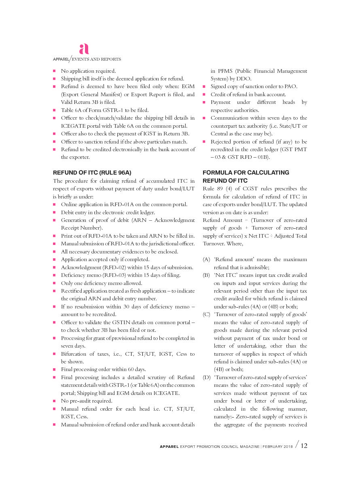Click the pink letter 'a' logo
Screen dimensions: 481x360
pyautogui.click(x=84, y=49)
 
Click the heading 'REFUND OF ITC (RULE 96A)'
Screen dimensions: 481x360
pyautogui.click(x=92, y=173)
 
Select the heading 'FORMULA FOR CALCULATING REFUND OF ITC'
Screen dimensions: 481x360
pyautogui.click(x=246, y=177)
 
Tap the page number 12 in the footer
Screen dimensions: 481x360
pyautogui.click(x=304, y=446)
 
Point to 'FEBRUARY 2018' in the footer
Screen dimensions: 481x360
pyautogui.click(x=278, y=446)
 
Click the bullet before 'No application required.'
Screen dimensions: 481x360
pyautogui.click(x=54, y=71)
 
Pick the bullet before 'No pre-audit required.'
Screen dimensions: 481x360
pyautogui.click(x=54, y=401)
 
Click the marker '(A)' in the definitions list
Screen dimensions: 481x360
pyautogui.click(x=206, y=259)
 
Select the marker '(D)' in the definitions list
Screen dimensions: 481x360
pyautogui.click(x=206, y=378)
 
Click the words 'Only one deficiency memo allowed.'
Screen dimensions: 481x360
pyautogui.click(x=102, y=283)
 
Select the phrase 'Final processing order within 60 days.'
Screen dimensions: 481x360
pyautogui.click(x=104, y=369)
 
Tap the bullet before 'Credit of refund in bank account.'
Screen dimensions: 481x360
pyautogui.click(x=204, y=95)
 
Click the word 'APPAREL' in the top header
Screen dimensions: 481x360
pyautogui.click(x=61, y=59)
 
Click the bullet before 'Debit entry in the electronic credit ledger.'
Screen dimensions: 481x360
pyautogui.click(x=54, y=213)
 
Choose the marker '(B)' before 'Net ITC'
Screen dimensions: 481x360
pyautogui.click(x=206, y=275)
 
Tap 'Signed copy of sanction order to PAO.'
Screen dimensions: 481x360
pyautogui.click(x=254, y=87)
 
